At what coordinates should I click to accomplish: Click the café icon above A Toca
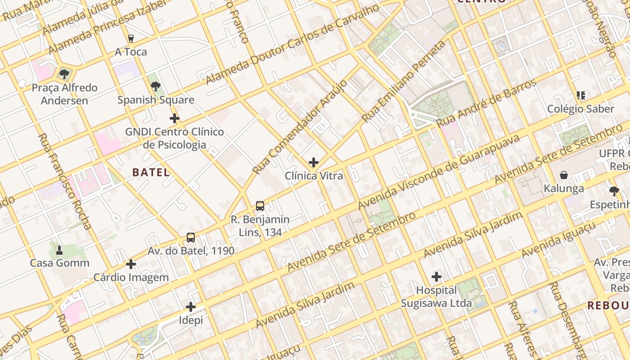coord(131,39)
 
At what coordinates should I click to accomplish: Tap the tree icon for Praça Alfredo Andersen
coord(64,74)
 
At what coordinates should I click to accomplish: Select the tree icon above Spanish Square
coord(156,86)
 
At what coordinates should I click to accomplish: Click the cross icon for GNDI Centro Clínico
coord(175,118)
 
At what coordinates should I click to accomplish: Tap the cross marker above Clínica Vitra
coord(314,162)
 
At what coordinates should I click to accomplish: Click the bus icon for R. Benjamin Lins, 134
coord(260,206)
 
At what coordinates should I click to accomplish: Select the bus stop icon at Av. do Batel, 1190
coord(191,237)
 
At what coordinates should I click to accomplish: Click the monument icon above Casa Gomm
coord(59,249)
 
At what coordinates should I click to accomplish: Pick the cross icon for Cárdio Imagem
coord(131,264)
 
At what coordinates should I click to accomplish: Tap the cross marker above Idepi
coord(191,307)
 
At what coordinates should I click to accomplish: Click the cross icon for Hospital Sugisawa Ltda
coord(436,276)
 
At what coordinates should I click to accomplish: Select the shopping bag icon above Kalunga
coord(564,175)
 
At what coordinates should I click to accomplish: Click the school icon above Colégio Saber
coord(580,95)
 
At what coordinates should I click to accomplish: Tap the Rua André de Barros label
coord(487,103)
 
